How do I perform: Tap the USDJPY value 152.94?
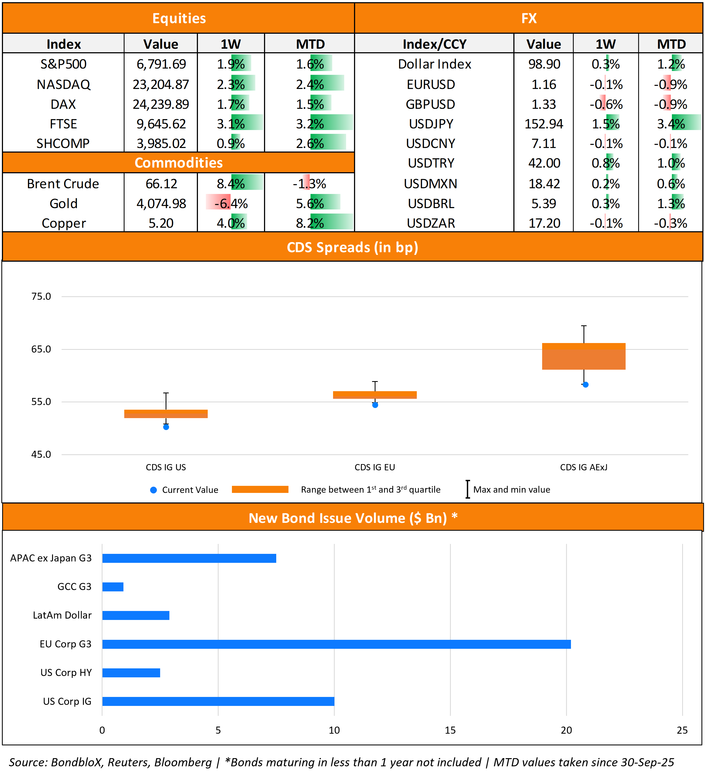tap(543, 124)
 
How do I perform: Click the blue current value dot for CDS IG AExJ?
tap(585, 385)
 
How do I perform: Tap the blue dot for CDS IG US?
tap(166, 427)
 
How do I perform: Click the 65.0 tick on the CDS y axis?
tap(41, 349)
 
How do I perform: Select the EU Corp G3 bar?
tap(336, 644)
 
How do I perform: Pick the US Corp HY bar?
tap(131, 673)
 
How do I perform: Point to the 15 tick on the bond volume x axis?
tap(450, 730)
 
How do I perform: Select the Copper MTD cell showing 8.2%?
tap(310, 223)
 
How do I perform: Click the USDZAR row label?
tap(431, 223)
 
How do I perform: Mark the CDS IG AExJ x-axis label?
tap(583, 467)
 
